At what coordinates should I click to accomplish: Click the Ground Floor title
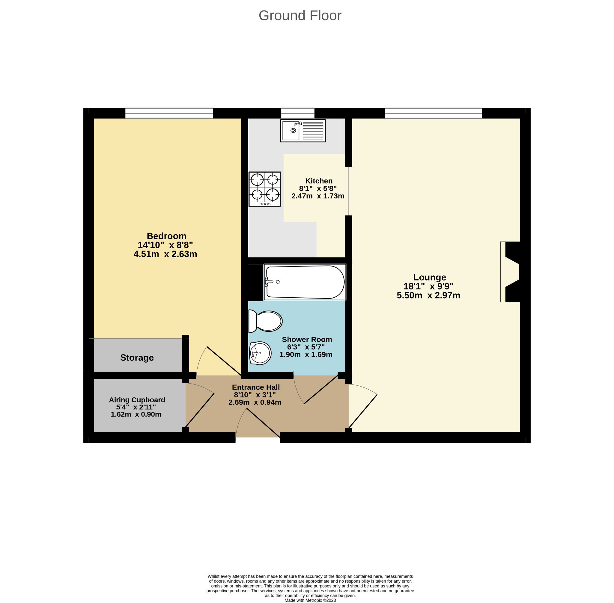[x=300, y=16]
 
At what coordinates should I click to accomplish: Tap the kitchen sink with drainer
[x=303, y=130]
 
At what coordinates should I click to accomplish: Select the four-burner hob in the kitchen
[x=264, y=189]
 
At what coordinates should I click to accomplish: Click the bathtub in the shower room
[x=305, y=282]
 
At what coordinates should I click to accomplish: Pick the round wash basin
[x=260, y=353]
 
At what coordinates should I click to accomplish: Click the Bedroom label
[x=166, y=236]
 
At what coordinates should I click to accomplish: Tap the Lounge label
[x=430, y=278]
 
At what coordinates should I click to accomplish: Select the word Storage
[x=137, y=358]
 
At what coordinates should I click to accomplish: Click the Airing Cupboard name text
[x=137, y=400]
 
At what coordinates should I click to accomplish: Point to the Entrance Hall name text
[x=256, y=387]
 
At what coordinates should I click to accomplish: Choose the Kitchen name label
[x=319, y=181]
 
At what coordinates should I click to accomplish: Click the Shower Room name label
[x=307, y=340]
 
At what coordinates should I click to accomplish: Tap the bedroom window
[x=169, y=113]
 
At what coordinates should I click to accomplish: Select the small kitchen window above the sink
[x=298, y=113]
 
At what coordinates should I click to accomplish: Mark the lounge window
[x=434, y=113]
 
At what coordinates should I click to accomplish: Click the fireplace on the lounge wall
[x=510, y=272]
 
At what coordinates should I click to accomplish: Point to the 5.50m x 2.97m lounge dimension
[x=428, y=296]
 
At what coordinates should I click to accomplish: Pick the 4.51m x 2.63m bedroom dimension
[x=165, y=254]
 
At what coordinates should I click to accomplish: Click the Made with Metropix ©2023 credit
[x=310, y=600]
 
